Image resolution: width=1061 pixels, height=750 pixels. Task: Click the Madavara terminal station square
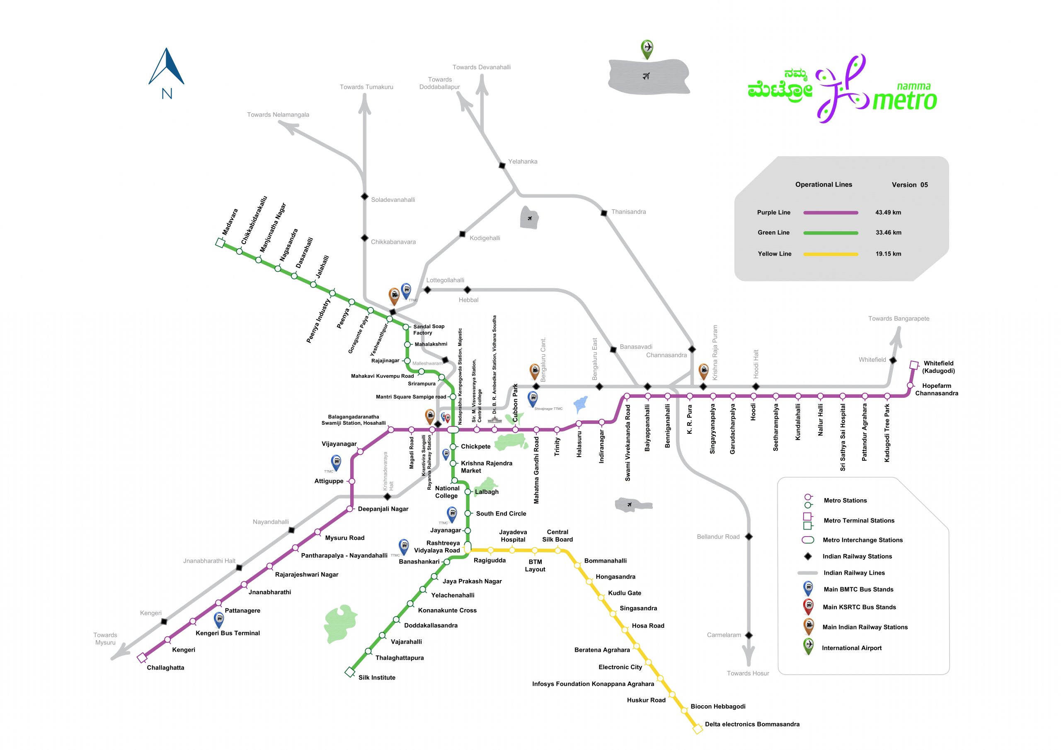click(x=220, y=242)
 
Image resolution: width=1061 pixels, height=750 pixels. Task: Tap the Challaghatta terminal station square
click(x=142, y=658)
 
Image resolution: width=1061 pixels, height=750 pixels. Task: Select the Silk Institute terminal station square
click(x=350, y=672)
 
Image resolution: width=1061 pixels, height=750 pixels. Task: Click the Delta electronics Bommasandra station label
click(x=752, y=724)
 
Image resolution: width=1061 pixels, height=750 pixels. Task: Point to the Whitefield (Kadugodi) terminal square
click(x=913, y=365)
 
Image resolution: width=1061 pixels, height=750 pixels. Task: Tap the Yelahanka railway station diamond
click(x=502, y=165)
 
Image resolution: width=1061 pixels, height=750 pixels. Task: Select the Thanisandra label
click(x=628, y=212)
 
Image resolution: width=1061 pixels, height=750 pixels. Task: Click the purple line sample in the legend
click(x=831, y=213)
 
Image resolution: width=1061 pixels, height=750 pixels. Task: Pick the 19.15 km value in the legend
click(x=888, y=254)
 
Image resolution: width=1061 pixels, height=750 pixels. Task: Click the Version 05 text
click(x=909, y=185)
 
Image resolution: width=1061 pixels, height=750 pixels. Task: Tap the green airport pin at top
click(x=647, y=48)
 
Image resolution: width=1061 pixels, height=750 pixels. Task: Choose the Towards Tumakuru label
click(x=366, y=87)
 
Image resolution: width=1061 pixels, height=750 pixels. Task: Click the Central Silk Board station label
click(x=557, y=536)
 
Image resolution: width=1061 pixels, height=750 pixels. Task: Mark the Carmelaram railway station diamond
click(x=749, y=635)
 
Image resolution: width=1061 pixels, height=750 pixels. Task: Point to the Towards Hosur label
click(x=748, y=673)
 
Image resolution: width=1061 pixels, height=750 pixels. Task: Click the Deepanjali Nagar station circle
click(x=350, y=509)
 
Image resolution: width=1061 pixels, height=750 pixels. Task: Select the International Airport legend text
click(x=851, y=648)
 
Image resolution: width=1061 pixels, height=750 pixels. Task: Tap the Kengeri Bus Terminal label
click(x=228, y=633)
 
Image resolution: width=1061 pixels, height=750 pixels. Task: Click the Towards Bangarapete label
click(x=899, y=318)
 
